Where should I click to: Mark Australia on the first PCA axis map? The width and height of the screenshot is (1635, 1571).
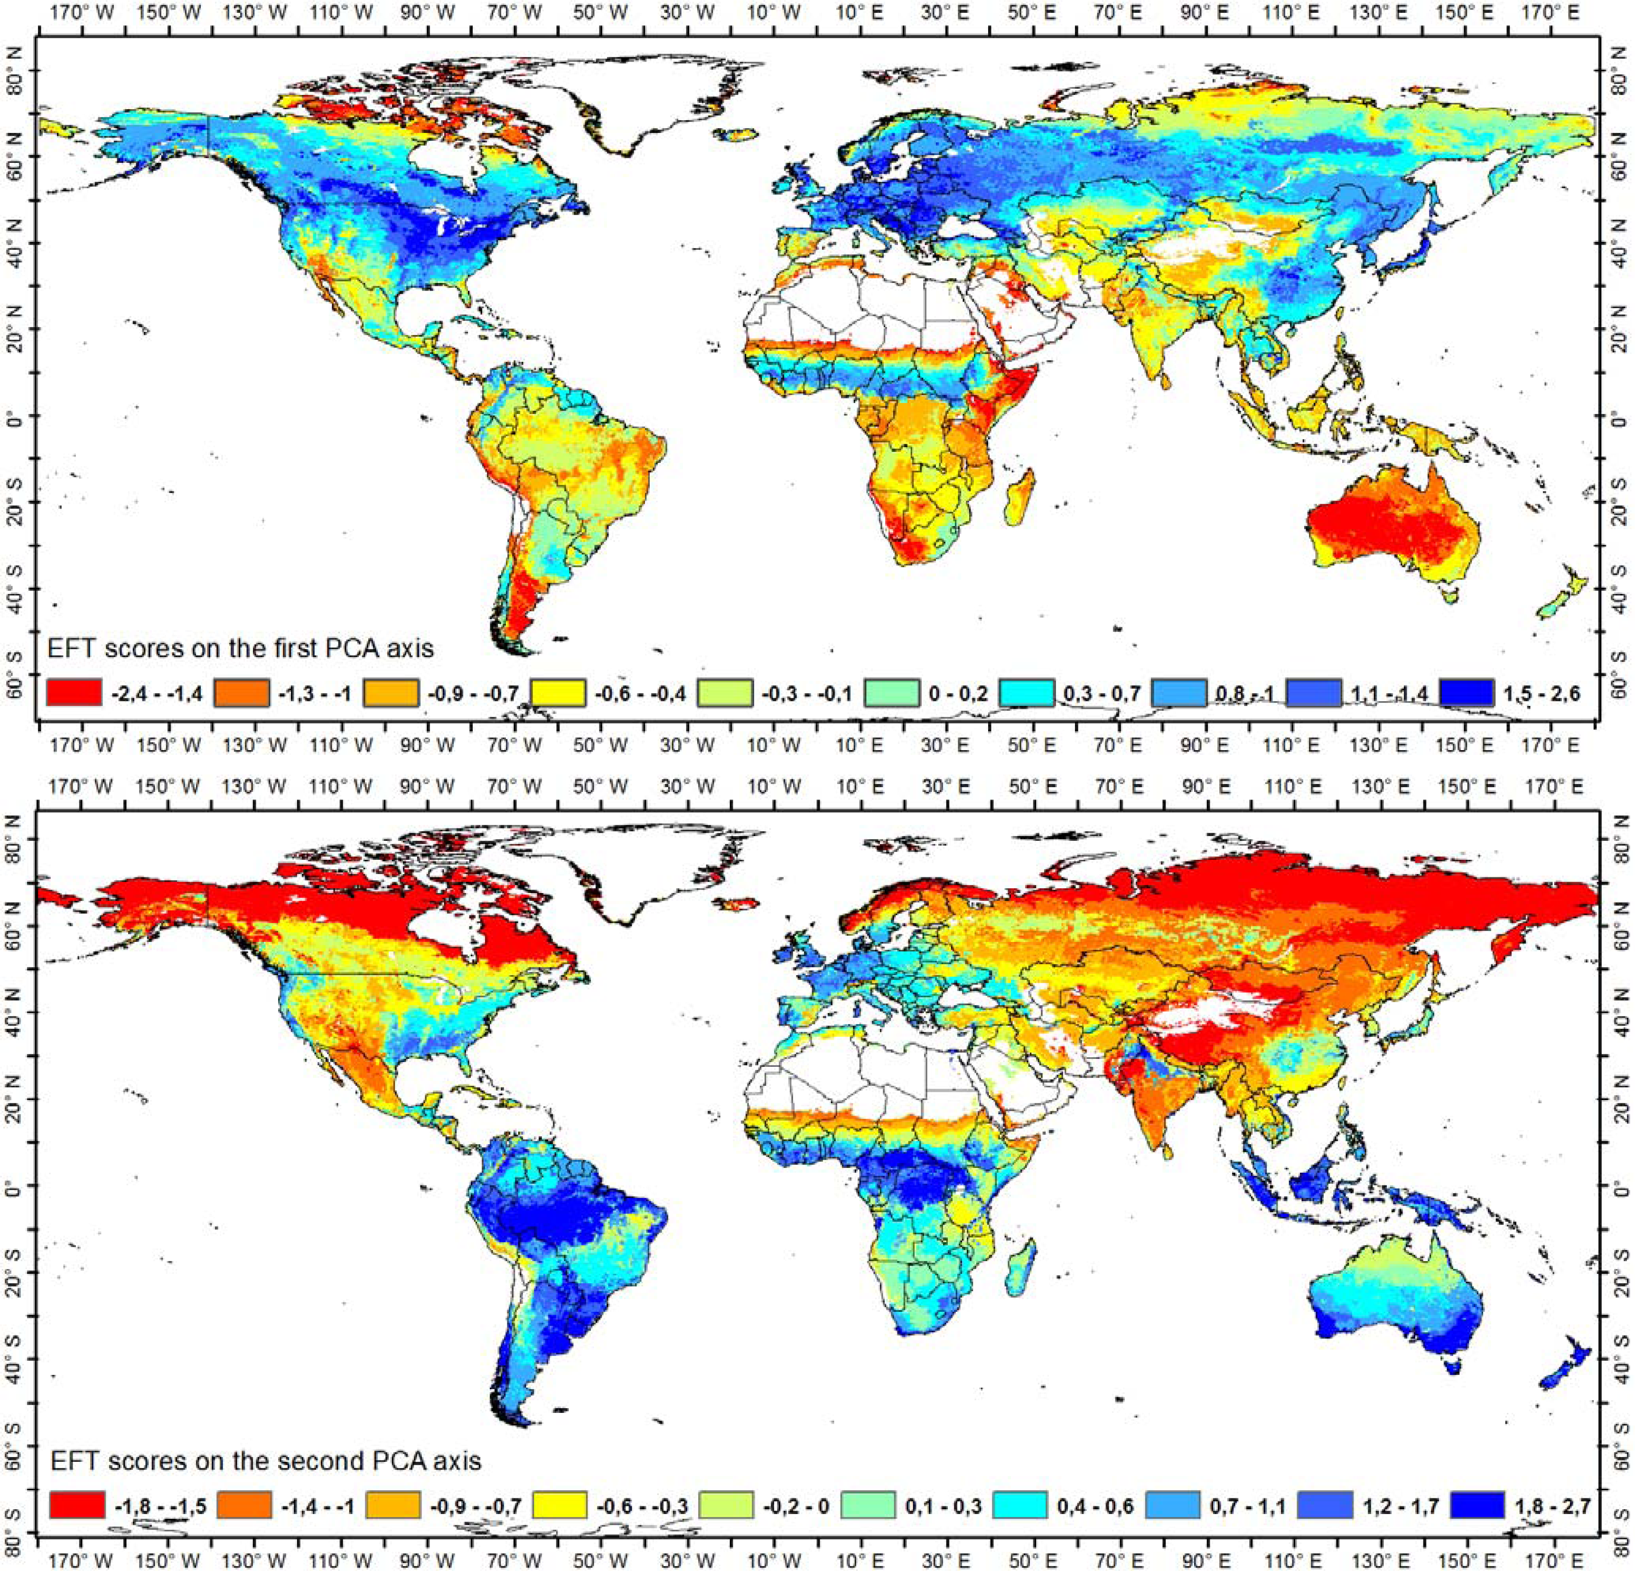1393,534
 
